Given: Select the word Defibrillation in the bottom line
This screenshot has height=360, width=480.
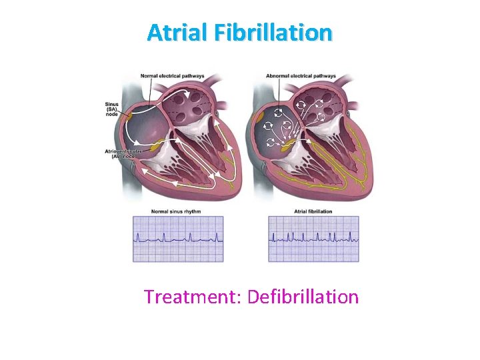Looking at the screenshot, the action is point(303,297).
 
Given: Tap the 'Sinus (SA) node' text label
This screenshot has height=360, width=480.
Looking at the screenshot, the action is point(113,109).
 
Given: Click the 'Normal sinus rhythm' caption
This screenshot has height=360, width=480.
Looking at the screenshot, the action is point(176,211).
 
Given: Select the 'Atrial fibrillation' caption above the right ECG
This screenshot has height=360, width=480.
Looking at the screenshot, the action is point(313,211).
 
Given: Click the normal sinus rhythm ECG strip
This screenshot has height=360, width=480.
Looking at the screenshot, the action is point(178,239).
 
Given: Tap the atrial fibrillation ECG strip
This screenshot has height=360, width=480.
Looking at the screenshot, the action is point(313,239).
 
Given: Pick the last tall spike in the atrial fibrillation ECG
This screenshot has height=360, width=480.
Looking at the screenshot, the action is point(351,234).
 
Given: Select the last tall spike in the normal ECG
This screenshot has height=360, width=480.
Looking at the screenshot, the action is point(215,234).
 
